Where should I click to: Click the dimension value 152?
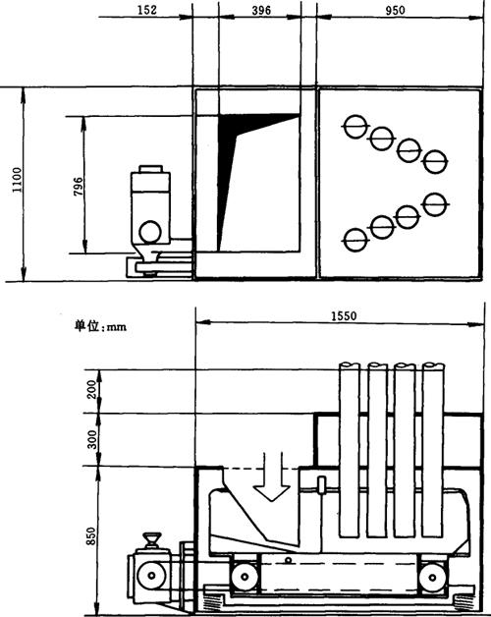click(x=147, y=10)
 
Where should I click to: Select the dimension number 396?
click(x=261, y=10)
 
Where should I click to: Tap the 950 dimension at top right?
click(x=395, y=10)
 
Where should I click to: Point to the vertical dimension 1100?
click(x=18, y=180)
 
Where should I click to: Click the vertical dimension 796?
click(x=79, y=187)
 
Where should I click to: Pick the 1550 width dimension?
click(x=344, y=316)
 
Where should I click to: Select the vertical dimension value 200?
click(x=91, y=389)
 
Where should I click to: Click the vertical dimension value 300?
click(x=91, y=439)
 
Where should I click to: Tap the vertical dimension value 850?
click(x=91, y=535)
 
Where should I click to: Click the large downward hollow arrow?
click(x=272, y=477)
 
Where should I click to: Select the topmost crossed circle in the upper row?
click(x=355, y=127)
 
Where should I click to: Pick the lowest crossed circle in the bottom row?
click(x=355, y=240)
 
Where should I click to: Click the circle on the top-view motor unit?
click(x=150, y=232)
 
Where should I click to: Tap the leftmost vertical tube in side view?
click(x=350, y=450)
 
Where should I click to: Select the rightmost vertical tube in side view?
click(x=433, y=450)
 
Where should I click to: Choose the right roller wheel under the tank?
click(x=432, y=578)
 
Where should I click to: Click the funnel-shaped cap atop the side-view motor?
click(x=152, y=540)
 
